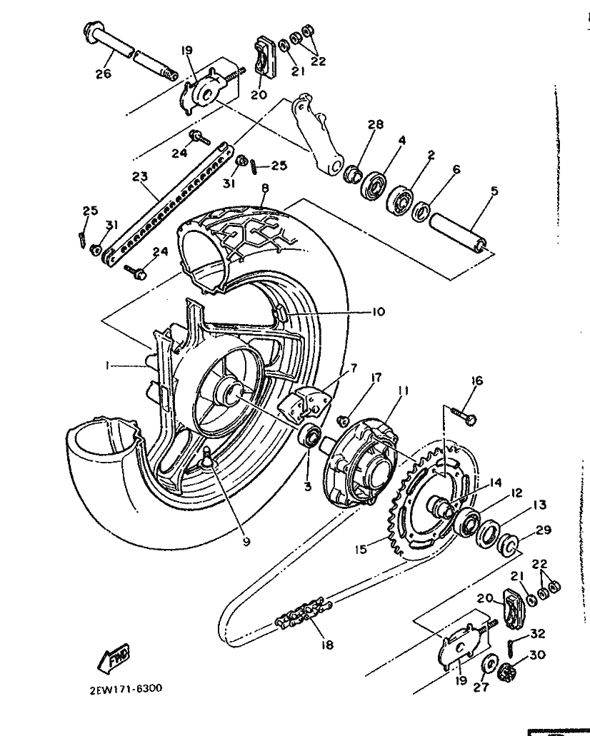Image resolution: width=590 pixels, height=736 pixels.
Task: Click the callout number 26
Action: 104,74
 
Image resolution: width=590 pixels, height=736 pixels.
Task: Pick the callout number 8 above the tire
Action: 266,188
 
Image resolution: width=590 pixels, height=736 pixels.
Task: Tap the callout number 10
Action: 378,312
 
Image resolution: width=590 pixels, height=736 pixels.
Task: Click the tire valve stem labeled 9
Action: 206,458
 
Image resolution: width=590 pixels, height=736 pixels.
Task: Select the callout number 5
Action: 494,191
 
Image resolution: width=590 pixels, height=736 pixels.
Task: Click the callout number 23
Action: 139,176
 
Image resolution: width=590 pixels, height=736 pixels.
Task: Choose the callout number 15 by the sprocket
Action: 361,549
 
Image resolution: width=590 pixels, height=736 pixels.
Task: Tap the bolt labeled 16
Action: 464,414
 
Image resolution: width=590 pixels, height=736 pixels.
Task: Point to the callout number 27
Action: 481,687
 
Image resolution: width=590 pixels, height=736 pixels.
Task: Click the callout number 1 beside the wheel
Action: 108,366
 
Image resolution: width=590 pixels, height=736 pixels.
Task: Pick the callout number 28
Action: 376,124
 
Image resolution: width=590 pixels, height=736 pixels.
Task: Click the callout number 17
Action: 376,378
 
